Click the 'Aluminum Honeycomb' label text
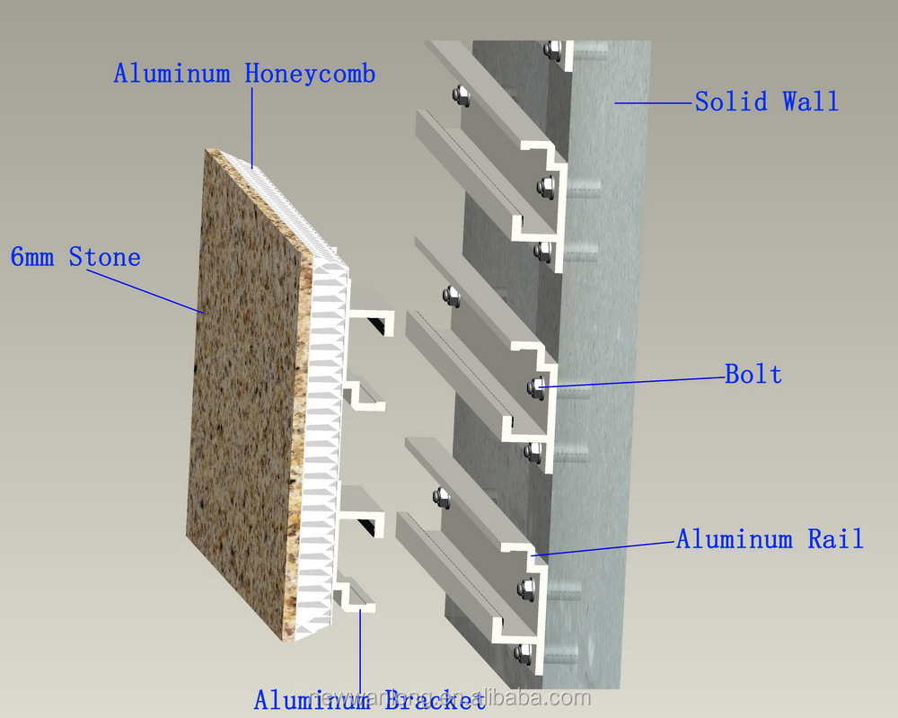pyautogui.click(x=243, y=74)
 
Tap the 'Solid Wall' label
pyautogui.click(x=766, y=102)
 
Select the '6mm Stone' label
pyautogui.click(x=75, y=258)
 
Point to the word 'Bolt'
pyautogui.click(x=753, y=374)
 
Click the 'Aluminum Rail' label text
pyautogui.click(x=770, y=539)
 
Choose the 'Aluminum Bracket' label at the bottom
pyautogui.click(x=363, y=699)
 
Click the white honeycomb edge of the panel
pyautogui.click(x=323, y=449)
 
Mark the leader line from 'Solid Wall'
pyautogui.click(x=656, y=103)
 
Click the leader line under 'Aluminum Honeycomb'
pyautogui.click(x=252, y=126)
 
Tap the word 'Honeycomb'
pyautogui.click(x=310, y=74)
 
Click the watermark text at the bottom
pyautogui.click(x=449, y=699)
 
